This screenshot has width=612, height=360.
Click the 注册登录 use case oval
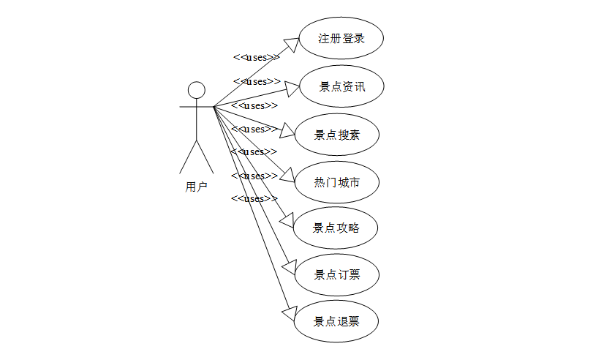[x=341, y=39]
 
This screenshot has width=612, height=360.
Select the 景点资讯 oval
[x=341, y=87]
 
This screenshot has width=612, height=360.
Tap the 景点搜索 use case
[x=336, y=135]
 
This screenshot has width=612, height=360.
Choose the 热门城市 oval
[x=336, y=181]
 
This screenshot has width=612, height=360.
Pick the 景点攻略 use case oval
[x=336, y=228]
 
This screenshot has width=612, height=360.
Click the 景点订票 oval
[x=336, y=274]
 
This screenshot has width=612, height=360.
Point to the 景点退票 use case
[x=336, y=321]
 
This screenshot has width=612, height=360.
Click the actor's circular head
[x=196, y=90]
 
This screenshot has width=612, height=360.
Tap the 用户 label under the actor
[x=196, y=187]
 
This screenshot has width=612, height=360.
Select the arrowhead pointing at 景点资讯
[x=292, y=89]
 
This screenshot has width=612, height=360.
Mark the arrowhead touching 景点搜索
[x=286, y=132]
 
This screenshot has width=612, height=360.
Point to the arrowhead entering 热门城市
[x=286, y=176]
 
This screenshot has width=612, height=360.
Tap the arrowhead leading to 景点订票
[x=287, y=266]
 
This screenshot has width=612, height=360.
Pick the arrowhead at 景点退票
[x=287, y=312]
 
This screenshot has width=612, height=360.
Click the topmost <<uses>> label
[x=256, y=57]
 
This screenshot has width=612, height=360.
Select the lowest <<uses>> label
[x=254, y=199]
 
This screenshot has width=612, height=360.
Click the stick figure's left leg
[x=188, y=155]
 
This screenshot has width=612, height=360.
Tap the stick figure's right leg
[x=205, y=155]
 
